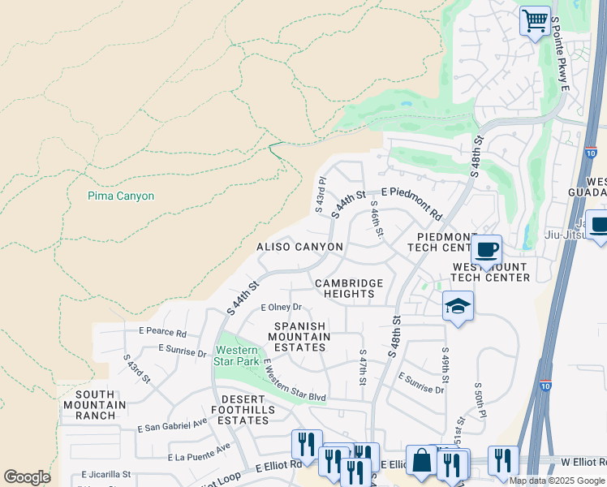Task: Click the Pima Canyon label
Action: click(120, 196)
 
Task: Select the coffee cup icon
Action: click(485, 249)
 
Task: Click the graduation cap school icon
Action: click(458, 306)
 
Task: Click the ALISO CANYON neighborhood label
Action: click(299, 247)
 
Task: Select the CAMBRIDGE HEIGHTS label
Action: click(349, 289)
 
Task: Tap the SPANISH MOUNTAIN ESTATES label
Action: click(299, 337)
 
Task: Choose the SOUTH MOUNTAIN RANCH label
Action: click(101, 405)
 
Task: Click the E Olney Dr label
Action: click(281, 308)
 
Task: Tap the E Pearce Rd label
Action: click(162, 333)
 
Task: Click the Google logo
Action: click(27, 477)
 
